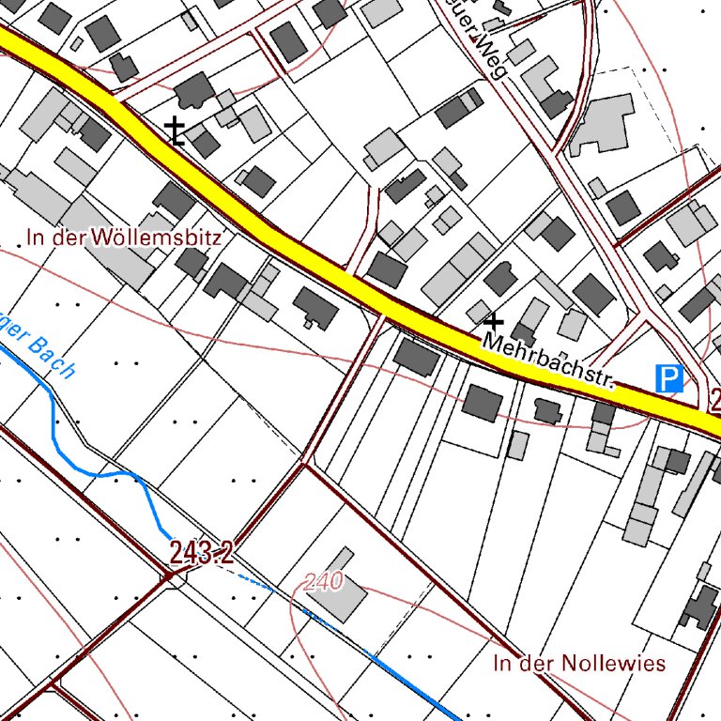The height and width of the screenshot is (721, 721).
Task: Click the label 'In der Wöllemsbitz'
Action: (x=124, y=238)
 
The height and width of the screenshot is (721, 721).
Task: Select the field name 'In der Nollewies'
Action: (x=579, y=664)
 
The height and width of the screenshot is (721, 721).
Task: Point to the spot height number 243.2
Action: (x=201, y=552)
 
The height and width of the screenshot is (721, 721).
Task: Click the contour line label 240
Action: (x=324, y=582)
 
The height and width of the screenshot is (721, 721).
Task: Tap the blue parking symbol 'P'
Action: (x=668, y=379)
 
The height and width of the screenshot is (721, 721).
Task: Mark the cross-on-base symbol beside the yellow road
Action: (x=175, y=131)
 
